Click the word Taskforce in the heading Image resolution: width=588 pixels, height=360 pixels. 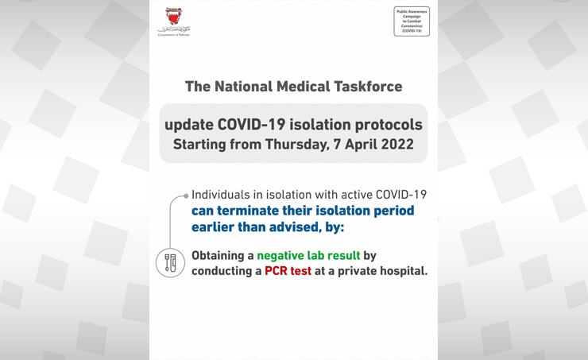(x=362, y=86)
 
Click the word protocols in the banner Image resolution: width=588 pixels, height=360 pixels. (x=386, y=126)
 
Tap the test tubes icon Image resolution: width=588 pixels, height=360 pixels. (x=169, y=263)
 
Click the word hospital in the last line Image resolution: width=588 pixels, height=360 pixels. (x=401, y=271)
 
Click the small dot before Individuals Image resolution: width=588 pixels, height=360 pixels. (x=186, y=195)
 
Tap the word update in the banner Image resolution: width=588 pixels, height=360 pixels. (x=186, y=126)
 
